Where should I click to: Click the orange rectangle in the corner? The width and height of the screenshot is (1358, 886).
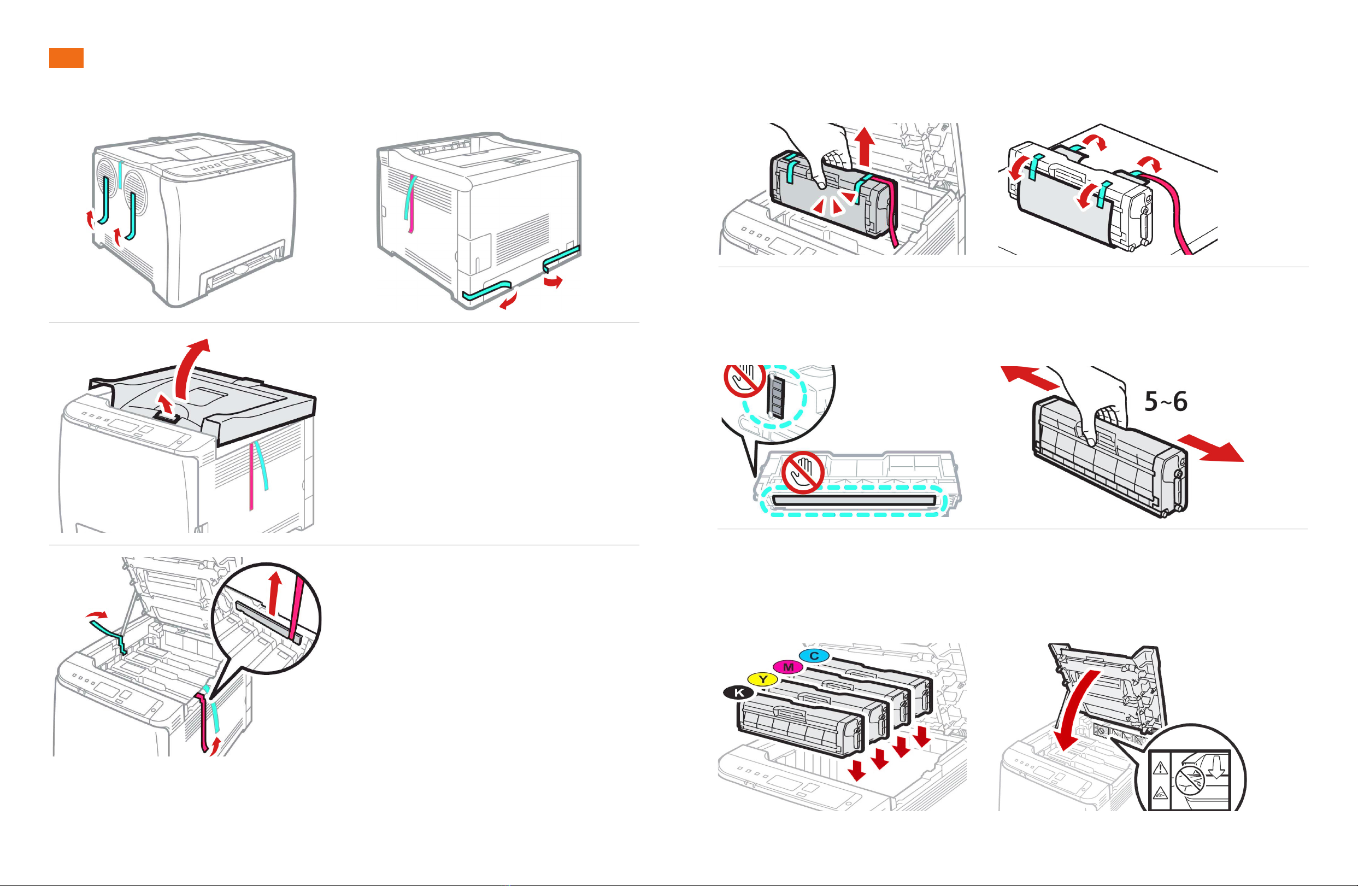click(66, 57)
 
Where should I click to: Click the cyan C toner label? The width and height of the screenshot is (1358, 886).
click(814, 656)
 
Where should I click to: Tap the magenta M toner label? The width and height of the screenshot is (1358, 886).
click(788, 667)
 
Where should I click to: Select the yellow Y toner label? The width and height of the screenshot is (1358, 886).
click(763, 679)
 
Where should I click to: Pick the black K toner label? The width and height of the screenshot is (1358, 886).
click(739, 693)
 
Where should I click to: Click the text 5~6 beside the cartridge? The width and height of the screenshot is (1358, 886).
click(1166, 402)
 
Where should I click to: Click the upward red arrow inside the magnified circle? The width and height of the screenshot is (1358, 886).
click(275, 594)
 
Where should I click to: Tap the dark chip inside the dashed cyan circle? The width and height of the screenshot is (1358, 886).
click(775, 396)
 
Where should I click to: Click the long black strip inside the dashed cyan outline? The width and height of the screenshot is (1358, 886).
click(854, 501)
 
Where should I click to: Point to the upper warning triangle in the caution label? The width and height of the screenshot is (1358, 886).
click(1160, 768)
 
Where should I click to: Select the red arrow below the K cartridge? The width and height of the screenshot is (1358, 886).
click(856, 770)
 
